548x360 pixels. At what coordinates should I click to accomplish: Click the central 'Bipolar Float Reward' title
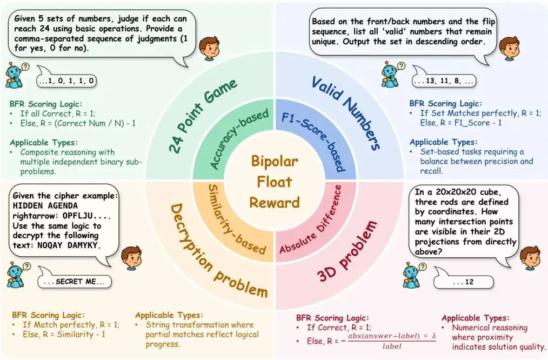275,182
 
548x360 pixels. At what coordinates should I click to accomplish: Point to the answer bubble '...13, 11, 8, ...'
443,82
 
